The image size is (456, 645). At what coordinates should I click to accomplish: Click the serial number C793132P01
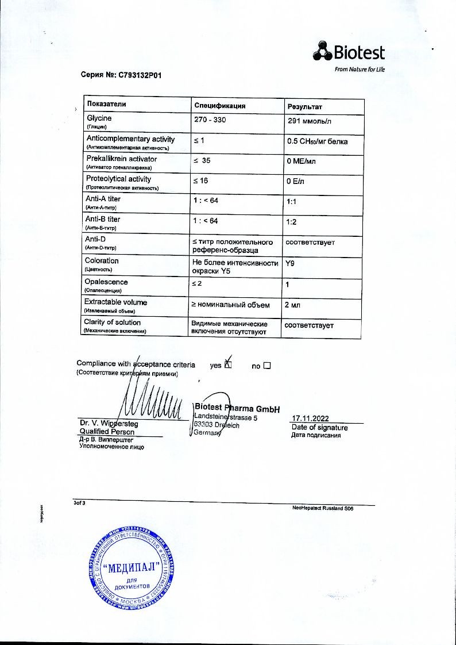coord(137,75)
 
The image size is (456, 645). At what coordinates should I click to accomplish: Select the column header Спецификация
coord(220,106)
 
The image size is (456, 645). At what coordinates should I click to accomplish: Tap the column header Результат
coord(304,107)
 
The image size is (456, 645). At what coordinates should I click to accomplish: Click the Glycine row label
coord(99,118)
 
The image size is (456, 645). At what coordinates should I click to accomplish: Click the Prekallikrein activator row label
coord(122,159)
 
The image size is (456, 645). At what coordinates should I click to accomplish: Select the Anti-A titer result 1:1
coord(291,202)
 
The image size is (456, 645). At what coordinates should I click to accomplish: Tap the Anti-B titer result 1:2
coord(291,222)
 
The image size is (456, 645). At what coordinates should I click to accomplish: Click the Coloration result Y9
coord(290,263)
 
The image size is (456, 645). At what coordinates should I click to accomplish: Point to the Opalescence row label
coord(106,282)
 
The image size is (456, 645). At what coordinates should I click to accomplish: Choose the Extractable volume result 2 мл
coord(294,305)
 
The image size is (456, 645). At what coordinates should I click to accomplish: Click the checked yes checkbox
coord(228,365)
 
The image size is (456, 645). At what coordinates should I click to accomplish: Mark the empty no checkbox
coord(266,365)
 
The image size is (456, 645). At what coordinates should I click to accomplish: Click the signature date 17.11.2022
coord(311,419)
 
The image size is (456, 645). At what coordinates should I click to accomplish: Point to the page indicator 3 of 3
coord(79,503)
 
